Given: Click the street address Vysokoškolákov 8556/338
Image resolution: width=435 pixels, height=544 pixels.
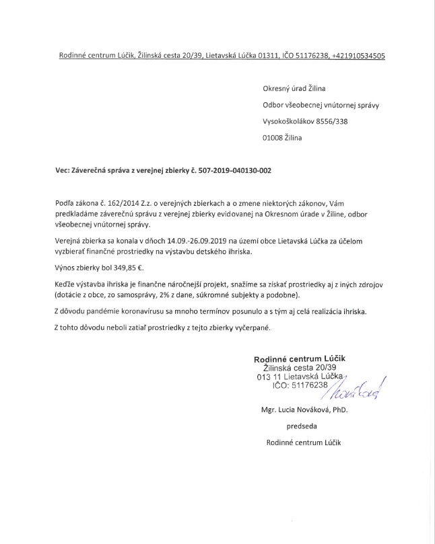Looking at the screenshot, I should click(x=305, y=122).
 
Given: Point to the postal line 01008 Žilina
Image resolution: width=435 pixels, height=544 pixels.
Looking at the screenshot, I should click(x=282, y=139).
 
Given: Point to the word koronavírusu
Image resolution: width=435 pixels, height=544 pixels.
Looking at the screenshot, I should click(x=139, y=312).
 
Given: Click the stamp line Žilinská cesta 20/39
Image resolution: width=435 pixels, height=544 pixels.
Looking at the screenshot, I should click(x=299, y=368).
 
